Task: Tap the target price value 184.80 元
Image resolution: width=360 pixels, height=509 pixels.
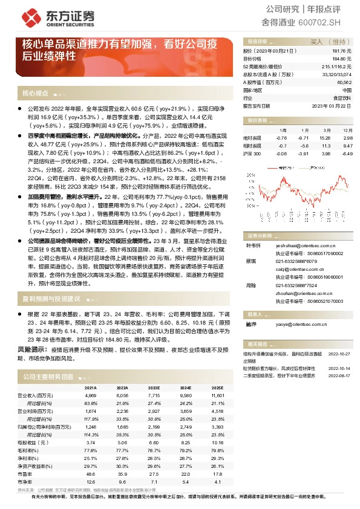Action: click(x=342, y=59)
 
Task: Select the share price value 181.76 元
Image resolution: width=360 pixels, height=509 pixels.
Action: click(x=342, y=52)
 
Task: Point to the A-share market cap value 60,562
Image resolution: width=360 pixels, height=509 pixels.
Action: click(x=344, y=82)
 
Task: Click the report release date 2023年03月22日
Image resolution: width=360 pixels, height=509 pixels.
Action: click(x=332, y=105)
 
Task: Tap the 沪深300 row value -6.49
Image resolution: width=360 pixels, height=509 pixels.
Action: click(x=347, y=154)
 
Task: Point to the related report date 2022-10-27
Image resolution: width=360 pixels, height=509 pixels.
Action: click(x=340, y=354)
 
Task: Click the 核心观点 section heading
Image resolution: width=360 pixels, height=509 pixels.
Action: click(x=35, y=93)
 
